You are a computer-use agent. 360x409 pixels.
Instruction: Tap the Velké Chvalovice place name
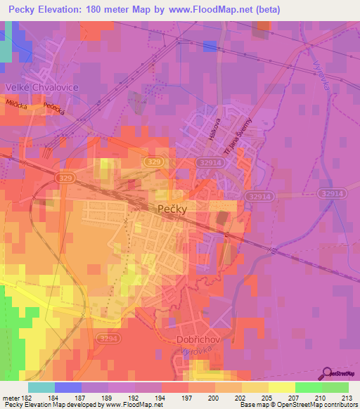[40, 87]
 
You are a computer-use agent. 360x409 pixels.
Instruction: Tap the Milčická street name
[16, 103]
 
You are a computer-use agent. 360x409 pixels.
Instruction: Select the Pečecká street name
[54, 110]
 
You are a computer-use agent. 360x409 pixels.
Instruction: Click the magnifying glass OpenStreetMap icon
[327, 372]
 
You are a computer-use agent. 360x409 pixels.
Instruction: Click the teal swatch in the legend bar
[41, 387]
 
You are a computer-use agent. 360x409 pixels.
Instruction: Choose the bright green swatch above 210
[308, 387]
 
